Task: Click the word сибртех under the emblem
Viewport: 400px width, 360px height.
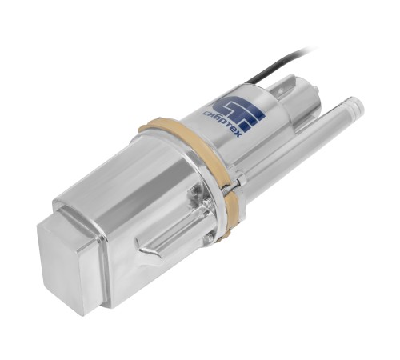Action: pos(222,123)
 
